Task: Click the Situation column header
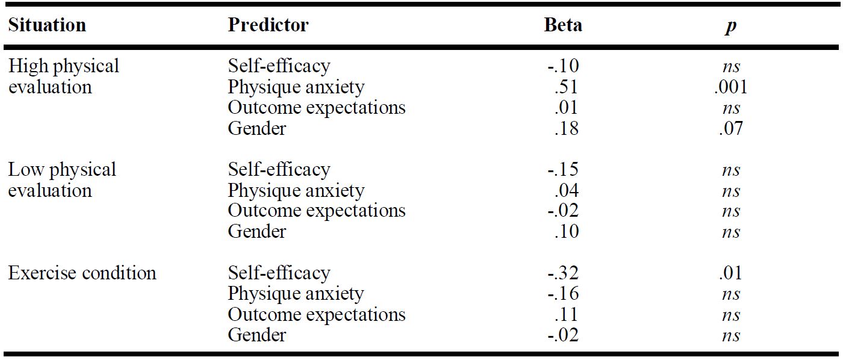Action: [x=47, y=25]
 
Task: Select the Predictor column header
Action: [x=268, y=25]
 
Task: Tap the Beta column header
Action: [x=563, y=25]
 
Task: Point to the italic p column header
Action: [x=731, y=27]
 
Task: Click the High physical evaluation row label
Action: [x=64, y=76]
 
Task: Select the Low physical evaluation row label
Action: [x=62, y=180]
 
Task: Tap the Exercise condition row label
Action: [x=82, y=273]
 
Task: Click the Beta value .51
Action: [x=567, y=87]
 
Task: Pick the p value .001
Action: [x=730, y=87]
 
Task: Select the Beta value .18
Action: [x=567, y=128]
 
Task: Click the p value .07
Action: [x=730, y=128]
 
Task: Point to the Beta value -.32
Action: [x=563, y=273]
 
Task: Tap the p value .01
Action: [x=730, y=273]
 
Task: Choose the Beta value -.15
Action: [x=563, y=169]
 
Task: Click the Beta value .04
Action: [x=567, y=190]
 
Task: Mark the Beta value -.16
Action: [x=563, y=293]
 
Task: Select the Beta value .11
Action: [x=567, y=314]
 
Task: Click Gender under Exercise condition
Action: [x=257, y=335]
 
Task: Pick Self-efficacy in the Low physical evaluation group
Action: [x=279, y=170]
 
